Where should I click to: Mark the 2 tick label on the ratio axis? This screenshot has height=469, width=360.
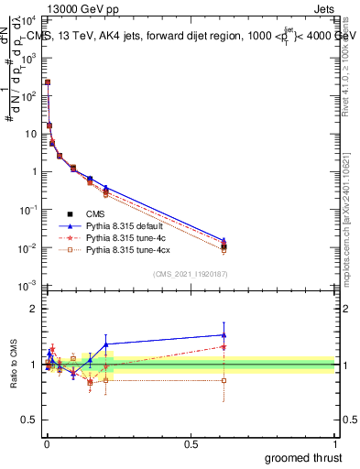[34, 309]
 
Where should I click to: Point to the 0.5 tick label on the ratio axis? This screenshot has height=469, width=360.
[30, 421]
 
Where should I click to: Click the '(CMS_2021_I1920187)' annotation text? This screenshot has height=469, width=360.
[191, 274]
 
